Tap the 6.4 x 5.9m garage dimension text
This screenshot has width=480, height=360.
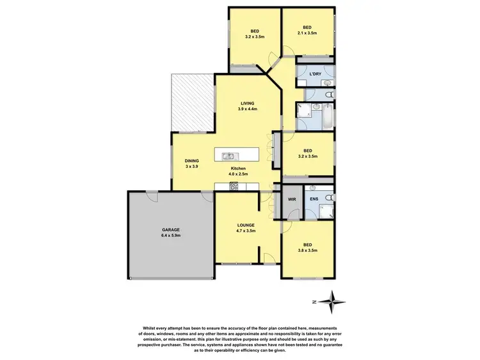pos(171,235)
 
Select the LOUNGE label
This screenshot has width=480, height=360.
pos(245,225)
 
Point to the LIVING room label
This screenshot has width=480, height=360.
pos(248,102)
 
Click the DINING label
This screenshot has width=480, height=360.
pos(192,161)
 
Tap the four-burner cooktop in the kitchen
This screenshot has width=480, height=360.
pos(234,186)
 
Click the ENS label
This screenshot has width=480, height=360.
pos(314,200)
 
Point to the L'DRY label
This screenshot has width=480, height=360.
pos(315,74)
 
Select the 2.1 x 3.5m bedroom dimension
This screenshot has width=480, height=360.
pos(307,34)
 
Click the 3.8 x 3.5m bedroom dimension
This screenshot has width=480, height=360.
pos(307,250)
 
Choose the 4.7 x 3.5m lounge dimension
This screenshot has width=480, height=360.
pos(245,231)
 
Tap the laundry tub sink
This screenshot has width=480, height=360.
pos(327,83)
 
